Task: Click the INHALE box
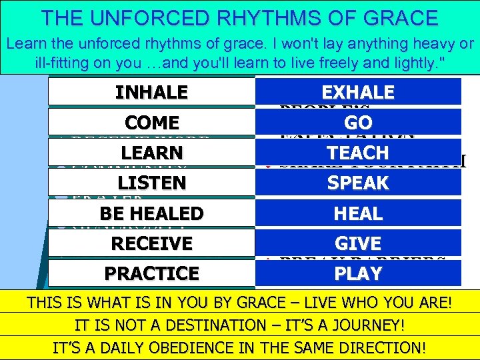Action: [151, 92]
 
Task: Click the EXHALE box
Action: [358, 92]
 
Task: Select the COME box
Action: [151, 123]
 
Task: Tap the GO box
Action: [358, 123]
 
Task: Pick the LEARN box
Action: [151, 153]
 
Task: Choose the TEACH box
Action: [358, 153]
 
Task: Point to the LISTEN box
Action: [151, 183]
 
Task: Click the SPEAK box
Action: [358, 183]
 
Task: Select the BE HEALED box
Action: [151, 213]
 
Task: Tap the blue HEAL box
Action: [358, 213]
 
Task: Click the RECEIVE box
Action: [151, 243]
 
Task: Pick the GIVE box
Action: [358, 243]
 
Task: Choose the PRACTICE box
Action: [151, 273]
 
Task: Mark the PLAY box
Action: [358, 273]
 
